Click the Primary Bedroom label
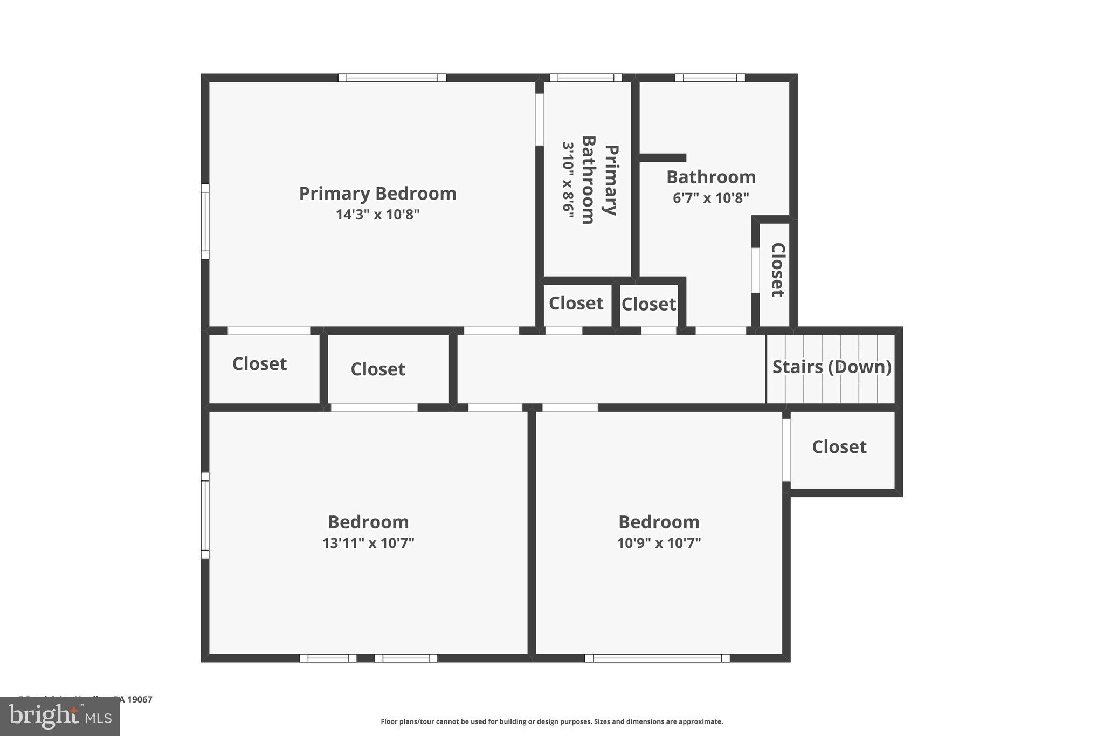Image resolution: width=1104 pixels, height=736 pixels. pos(377,194)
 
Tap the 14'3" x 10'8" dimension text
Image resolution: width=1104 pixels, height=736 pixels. pos(377,215)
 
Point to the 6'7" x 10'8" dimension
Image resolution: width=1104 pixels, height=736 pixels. pos(710,198)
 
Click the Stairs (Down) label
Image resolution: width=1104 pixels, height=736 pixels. pos(831,367)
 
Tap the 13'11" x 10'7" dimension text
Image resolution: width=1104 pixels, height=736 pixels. pos(368,543)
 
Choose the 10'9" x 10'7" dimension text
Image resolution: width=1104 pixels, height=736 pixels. pos(659,543)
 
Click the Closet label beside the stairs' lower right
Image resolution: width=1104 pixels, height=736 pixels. pos(839,447)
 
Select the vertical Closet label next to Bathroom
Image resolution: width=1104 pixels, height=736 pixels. pos(777,270)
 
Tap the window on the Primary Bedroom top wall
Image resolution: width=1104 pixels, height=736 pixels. pos(392,78)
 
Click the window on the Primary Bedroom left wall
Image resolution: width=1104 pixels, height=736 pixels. pos(205,222)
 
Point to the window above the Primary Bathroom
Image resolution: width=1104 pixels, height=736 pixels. pos(585,78)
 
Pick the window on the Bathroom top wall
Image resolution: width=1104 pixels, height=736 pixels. pos(710,78)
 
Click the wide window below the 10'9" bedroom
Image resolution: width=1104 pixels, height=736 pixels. pos(657,658)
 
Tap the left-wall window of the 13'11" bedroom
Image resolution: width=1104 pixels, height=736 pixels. pos(205,515)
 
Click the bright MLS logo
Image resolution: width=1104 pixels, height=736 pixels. pos(60,717)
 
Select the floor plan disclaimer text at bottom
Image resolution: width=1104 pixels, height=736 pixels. pos(551,721)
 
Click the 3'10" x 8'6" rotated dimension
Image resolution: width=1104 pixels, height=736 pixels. pos(568,180)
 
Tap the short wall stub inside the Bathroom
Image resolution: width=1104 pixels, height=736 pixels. pos(662,158)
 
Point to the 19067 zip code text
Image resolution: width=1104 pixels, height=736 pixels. pos(140,699)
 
